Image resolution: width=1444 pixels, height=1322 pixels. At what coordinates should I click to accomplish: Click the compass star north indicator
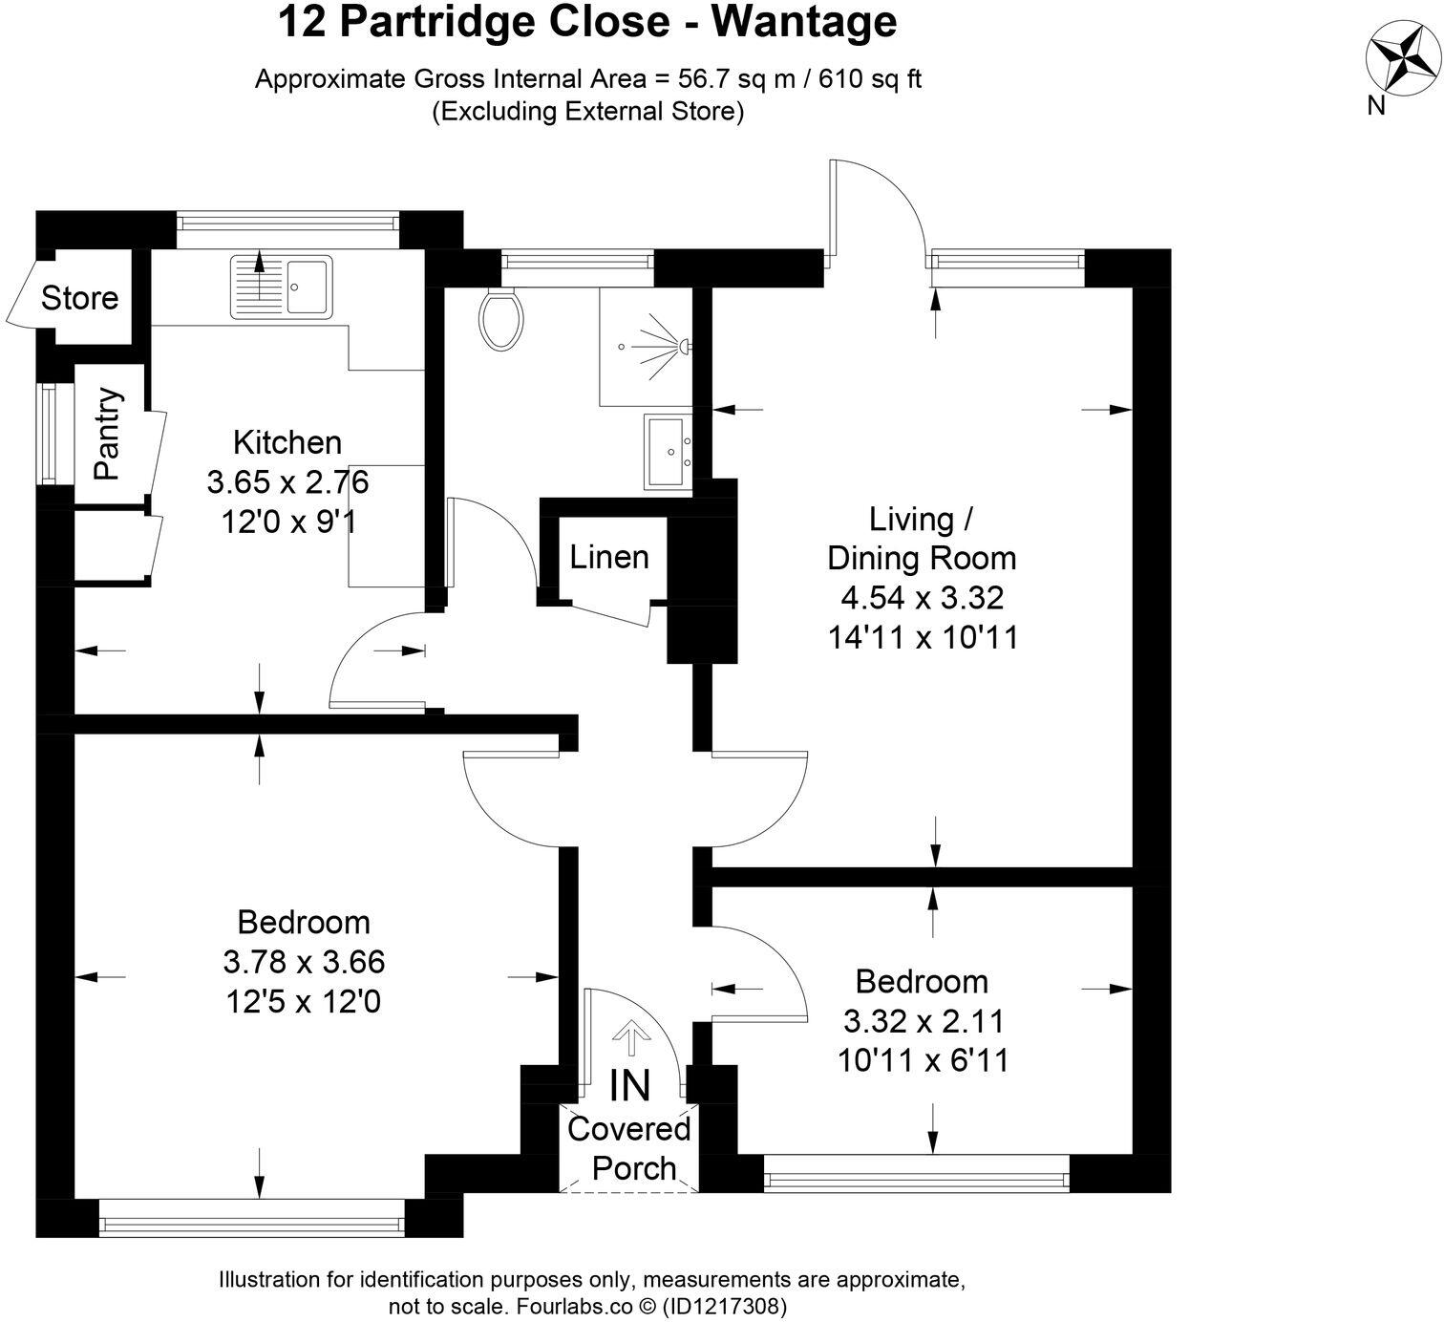[1400, 58]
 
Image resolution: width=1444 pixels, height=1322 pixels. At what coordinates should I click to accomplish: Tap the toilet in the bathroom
[501, 319]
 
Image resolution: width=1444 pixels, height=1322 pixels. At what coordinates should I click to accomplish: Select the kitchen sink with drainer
[280, 286]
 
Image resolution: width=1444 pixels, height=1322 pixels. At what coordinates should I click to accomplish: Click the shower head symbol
[683, 344]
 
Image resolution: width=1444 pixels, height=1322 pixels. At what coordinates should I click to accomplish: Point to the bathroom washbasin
[669, 451]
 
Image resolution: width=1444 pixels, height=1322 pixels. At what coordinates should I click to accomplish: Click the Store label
[79, 298]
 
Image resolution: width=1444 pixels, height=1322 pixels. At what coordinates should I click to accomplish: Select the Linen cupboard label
[609, 557]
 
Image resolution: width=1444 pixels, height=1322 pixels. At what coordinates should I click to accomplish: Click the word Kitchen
[287, 442]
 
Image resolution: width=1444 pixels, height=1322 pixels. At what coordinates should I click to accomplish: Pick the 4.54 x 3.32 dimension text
[922, 598]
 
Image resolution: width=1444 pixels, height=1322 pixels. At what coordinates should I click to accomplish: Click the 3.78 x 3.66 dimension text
[304, 961]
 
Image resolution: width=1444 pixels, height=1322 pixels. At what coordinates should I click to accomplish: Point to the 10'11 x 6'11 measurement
[923, 1060]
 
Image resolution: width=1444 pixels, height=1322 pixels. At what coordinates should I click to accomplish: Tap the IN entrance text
[630, 1086]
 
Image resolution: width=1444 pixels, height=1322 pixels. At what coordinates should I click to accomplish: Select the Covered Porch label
[629, 1148]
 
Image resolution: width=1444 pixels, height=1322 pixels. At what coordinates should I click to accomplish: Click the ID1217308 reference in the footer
[726, 1305]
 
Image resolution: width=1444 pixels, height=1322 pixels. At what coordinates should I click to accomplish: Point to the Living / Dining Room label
[922, 539]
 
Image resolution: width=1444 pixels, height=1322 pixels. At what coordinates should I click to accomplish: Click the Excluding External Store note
[587, 111]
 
